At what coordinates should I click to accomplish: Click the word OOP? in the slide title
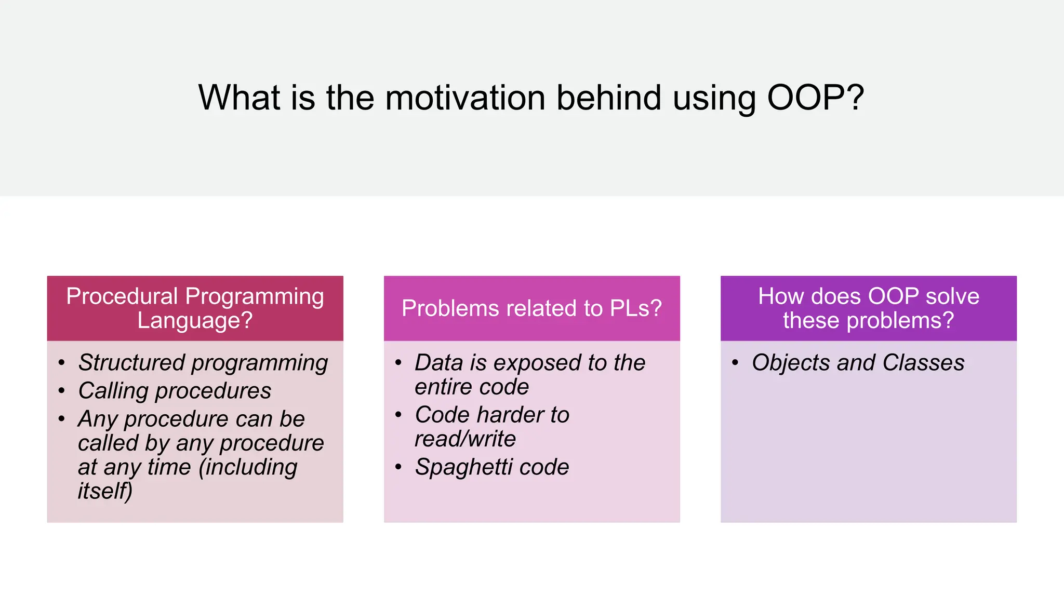click(x=815, y=98)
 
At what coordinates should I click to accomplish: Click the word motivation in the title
click(x=465, y=98)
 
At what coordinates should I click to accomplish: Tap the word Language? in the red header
click(x=195, y=320)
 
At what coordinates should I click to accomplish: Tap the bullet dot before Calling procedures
click(x=62, y=390)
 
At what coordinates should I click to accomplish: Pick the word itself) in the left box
click(x=105, y=491)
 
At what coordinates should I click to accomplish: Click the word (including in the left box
click(x=248, y=467)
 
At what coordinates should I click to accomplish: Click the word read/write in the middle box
click(x=465, y=439)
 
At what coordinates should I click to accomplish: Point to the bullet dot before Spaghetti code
click(x=398, y=467)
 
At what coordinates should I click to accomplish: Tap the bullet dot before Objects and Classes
click(x=735, y=362)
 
